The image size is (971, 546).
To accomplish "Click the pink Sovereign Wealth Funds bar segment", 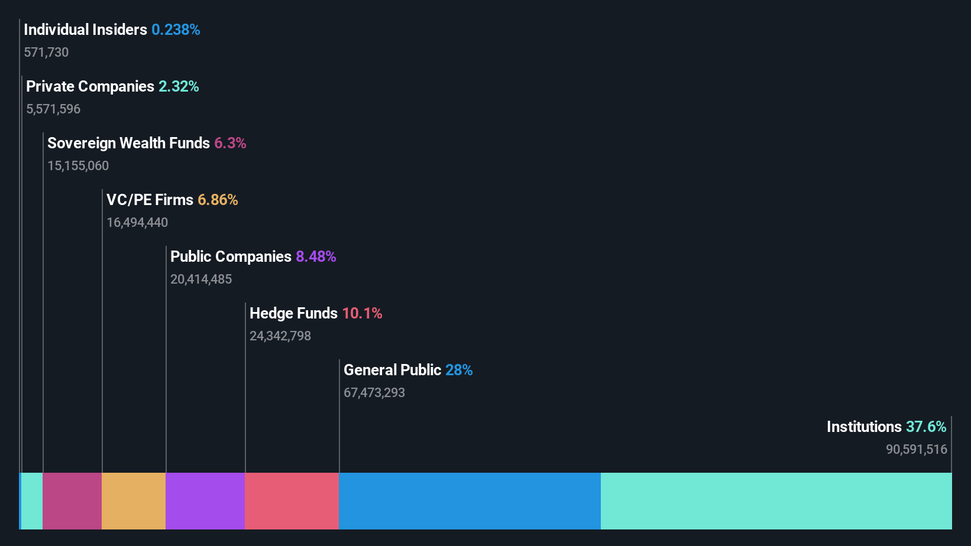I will (x=72, y=500).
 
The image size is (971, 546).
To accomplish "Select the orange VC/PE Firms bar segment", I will (x=134, y=500).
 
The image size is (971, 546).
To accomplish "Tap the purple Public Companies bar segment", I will (x=205, y=500).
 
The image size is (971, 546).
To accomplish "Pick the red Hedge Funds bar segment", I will (x=292, y=500).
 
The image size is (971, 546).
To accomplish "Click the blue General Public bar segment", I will (x=470, y=500).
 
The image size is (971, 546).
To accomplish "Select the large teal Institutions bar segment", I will (x=776, y=500).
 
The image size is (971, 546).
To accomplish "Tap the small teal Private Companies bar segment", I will (x=32, y=500).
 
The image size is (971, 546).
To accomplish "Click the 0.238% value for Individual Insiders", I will (x=176, y=30).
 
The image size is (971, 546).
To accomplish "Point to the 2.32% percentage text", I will (x=179, y=86).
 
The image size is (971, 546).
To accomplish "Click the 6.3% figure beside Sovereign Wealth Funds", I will (x=230, y=143).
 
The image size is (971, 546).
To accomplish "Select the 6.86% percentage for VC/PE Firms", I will (x=218, y=200).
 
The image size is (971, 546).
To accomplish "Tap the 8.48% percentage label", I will (x=316, y=256).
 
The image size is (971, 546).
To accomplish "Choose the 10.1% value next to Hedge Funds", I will (x=362, y=313).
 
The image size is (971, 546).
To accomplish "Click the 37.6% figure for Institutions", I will (x=926, y=427).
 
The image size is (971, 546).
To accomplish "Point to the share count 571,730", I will (x=46, y=52).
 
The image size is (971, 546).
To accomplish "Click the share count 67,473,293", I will (x=374, y=392).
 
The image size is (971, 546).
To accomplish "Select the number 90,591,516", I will (x=916, y=449).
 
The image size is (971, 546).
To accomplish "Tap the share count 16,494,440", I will (x=137, y=222).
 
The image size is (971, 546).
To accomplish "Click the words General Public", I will (x=392, y=370).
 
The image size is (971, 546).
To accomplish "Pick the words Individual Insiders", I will (x=85, y=30).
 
